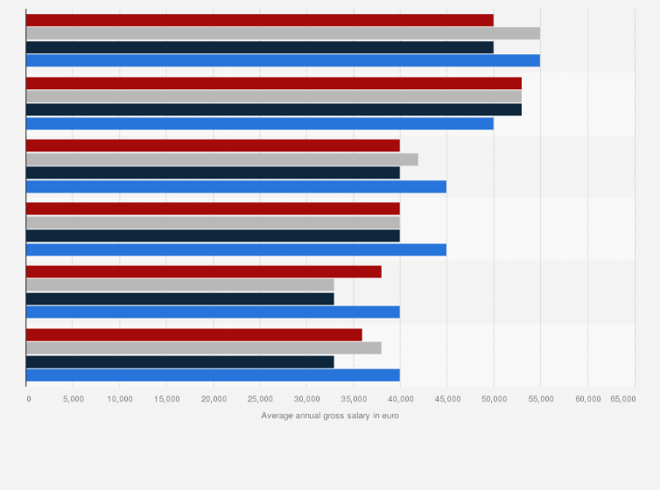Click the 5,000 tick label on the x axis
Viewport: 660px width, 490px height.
click(x=73, y=398)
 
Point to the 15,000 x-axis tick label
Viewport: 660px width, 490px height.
click(x=166, y=398)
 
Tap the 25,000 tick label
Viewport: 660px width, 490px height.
click(x=260, y=398)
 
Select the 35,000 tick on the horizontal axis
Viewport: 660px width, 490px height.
click(x=354, y=398)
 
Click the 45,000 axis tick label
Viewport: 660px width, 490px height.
click(x=446, y=398)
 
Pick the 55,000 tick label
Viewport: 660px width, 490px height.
click(x=540, y=398)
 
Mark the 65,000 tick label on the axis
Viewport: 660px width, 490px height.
click(x=623, y=398)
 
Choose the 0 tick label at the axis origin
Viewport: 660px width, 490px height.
click(x=28, y=398)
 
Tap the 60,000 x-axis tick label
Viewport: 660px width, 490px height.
click(x=587, y=398)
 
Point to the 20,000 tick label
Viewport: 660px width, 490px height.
click(x=214, y=398)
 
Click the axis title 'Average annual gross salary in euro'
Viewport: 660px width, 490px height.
click(x=329, y=415)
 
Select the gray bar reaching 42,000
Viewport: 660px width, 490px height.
click(x=222, y=159)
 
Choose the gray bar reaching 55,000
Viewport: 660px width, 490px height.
click(x=283, y=33)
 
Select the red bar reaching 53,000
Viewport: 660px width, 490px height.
click(x=274, y=83)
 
